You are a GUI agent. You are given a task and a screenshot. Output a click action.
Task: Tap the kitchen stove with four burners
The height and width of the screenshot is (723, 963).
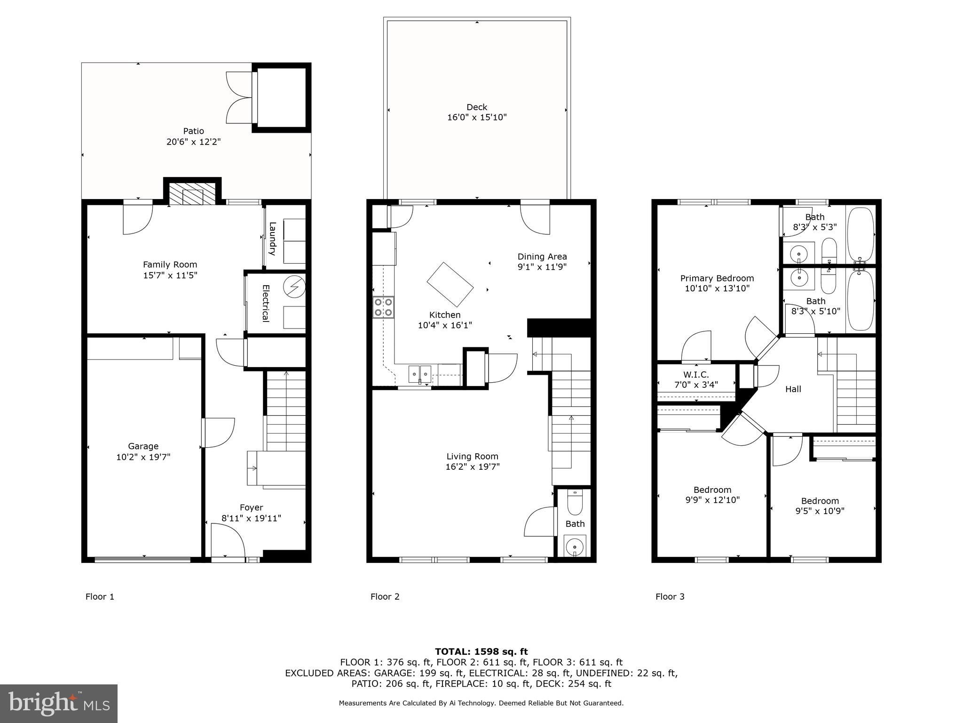pyautogui.click(x=383, y=307)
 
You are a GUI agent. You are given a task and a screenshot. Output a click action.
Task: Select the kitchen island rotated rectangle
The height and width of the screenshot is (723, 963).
pyautogui.click(x=450, y=284)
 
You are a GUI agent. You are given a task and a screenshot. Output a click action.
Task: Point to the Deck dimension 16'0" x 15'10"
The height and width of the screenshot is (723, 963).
pyautogui.click(x=477, y=117)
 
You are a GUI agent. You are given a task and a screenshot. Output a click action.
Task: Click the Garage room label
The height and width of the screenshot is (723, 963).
pyautogui.click(x=143, y=446)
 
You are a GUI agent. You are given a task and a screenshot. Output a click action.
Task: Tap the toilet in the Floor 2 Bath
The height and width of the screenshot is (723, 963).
pyautogui.click(x=575, y=503)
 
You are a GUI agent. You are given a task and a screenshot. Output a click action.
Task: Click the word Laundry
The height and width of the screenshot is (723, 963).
pyautogui.click(x=272, y=239)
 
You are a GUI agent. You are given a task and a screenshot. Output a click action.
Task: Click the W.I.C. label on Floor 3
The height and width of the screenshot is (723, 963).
pyautogui.click(x=696, y=375)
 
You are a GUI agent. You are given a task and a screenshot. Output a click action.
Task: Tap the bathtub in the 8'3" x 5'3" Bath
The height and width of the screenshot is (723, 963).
pyautogui.click(x=860, y=234)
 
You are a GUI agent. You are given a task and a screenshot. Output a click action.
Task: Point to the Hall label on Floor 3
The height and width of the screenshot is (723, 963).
pyautogui.click(x=793, y=389)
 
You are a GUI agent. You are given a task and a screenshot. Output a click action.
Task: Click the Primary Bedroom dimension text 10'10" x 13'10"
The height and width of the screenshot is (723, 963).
pyautogui.click(x=717, y=289)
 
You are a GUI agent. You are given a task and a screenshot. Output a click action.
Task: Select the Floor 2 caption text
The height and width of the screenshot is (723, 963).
pyautogui.click(x=385, y=597)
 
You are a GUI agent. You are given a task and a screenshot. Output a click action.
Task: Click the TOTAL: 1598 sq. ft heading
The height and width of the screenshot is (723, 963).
pyautogui.click(x=481, y=651)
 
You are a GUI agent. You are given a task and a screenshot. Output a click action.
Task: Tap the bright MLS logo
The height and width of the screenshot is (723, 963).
pyautogui.click(x=59, y=703)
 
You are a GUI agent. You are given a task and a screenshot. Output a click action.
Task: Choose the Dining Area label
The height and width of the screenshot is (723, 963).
pyautogui.click(x=542, y=257)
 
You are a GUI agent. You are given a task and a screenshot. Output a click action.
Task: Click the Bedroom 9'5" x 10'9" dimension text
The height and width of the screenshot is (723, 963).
pyautogui.click(x=820, y=511)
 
